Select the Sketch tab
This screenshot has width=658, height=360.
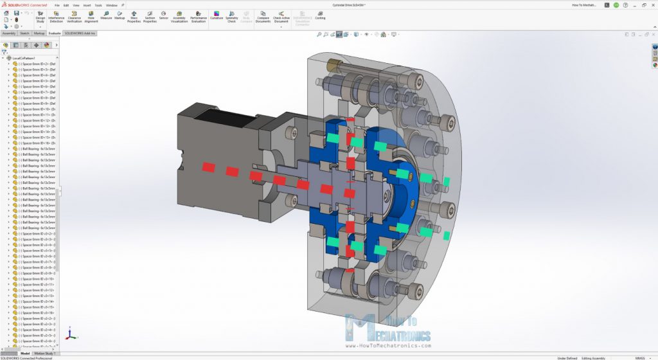pyautogui.click(x=24, y=33)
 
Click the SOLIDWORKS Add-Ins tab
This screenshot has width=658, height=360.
pyautogui.click(x=80, y=33)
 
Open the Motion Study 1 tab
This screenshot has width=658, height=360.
pyautogui.click(x=45, y=353)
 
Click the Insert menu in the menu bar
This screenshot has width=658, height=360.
pyautogui.click(x=85, y=5)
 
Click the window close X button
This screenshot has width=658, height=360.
pyautogui.click(x=651, y=5)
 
